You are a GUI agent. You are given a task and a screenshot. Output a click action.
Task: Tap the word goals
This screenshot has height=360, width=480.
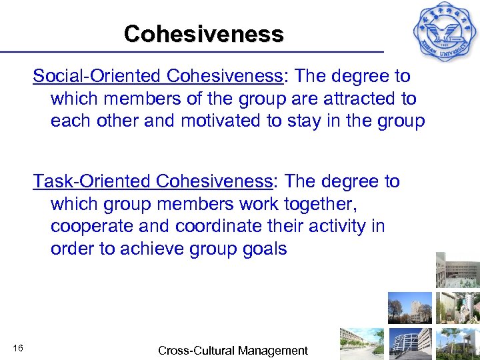pyautogui.click(x=264, y=249)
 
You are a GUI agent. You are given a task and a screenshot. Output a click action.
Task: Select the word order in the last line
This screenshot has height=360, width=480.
pyautogui.click(x=71, y=249)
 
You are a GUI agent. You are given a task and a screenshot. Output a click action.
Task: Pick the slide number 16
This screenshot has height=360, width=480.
pyautogui.click(x=18, y=349)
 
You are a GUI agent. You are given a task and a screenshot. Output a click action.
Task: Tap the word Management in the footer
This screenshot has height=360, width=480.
pyautogui.click(x=273, y=351)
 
